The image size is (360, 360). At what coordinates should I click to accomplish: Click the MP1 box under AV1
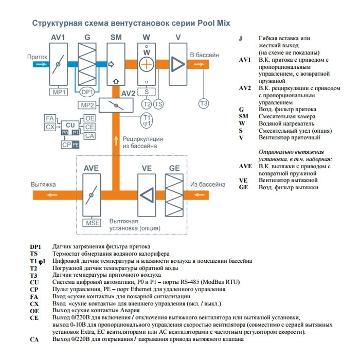click(x=58, y=92)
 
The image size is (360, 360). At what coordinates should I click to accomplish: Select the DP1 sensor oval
click(x=87, y=92)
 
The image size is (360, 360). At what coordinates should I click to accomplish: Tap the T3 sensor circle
click(x=204, y=103)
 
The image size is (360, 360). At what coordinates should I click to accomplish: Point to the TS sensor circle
click(x=158, y=103)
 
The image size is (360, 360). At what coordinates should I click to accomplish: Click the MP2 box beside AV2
click(x=87, y=105)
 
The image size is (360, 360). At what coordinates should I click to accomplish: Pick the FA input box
click(x=50, y=118)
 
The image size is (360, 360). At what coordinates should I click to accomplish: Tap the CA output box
click(x=89, y=136)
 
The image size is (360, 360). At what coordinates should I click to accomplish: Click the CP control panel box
click(x=66, y=145)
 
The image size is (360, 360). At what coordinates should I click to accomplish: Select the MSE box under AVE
click(x=93, y=223)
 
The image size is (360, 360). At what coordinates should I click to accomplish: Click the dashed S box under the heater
click(x=147, y=92)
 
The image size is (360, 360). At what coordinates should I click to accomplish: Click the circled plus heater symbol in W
click(x=147, y=64)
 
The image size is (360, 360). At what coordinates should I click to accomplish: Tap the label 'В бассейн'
click(x=204, y=55)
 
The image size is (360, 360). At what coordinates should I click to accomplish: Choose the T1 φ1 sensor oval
click(x=147, y=120)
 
